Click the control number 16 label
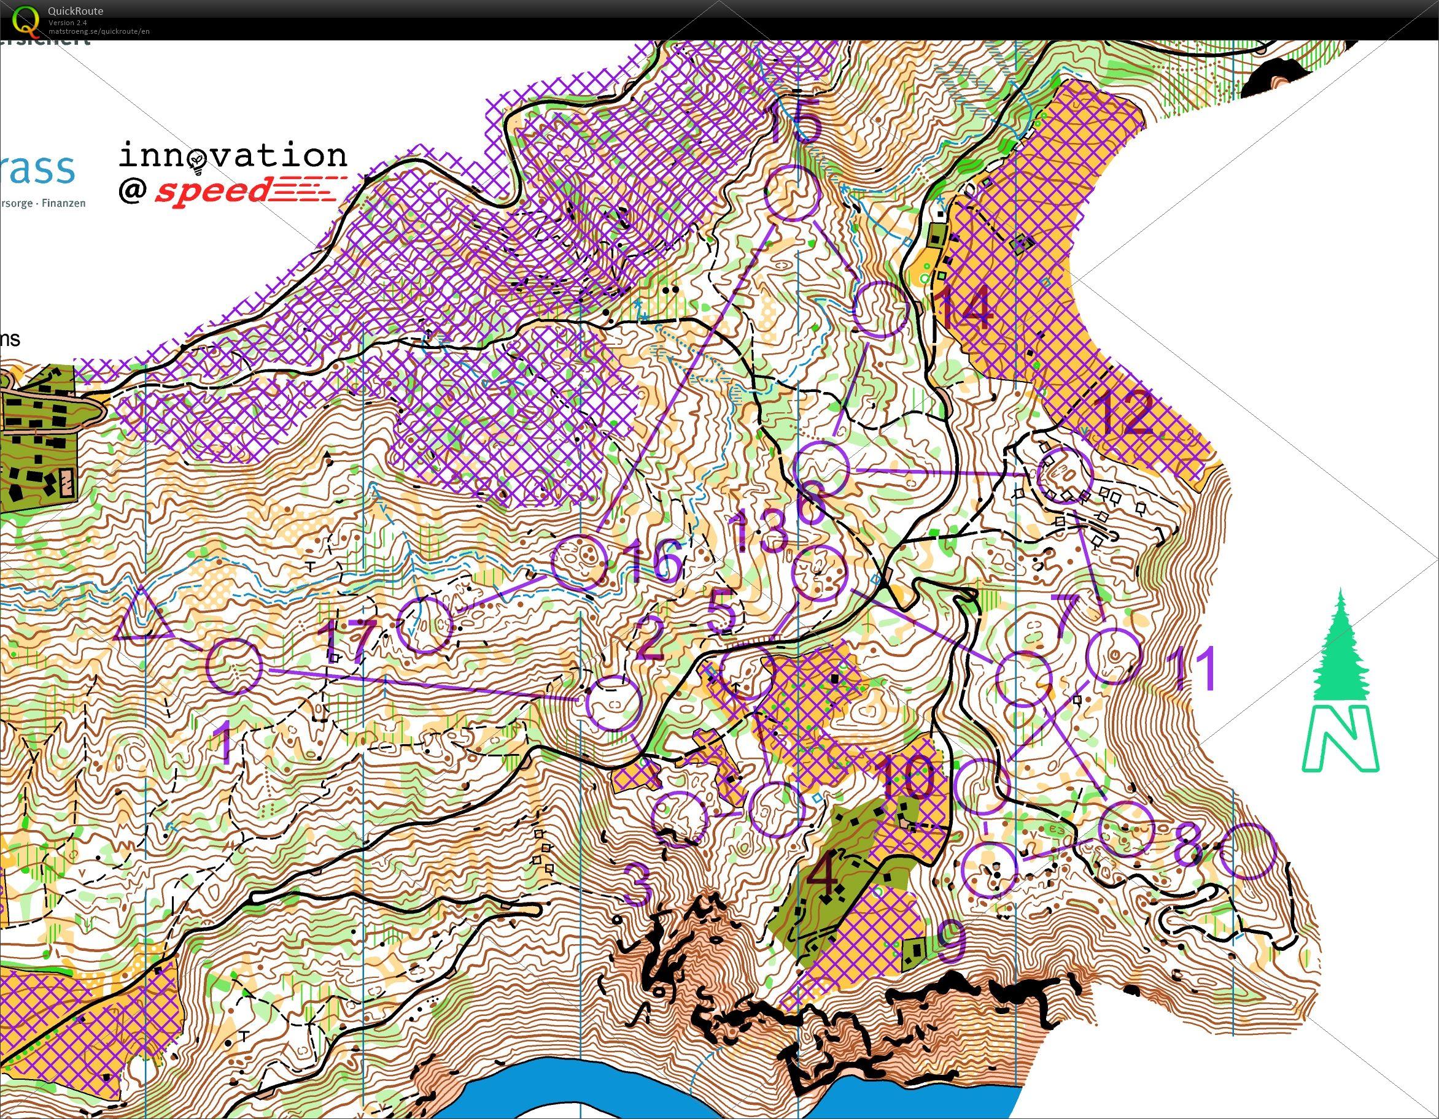tap(654, 561)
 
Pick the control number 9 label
tap(952, 942)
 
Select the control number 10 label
tap(907, 778)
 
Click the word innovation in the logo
tap(232, 155)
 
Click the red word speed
tap(212, 191)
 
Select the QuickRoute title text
tap(75, 10)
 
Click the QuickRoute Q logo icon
tap(26, 18)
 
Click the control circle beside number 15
tap(793, 192)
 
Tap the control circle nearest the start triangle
tap(234, 665)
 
